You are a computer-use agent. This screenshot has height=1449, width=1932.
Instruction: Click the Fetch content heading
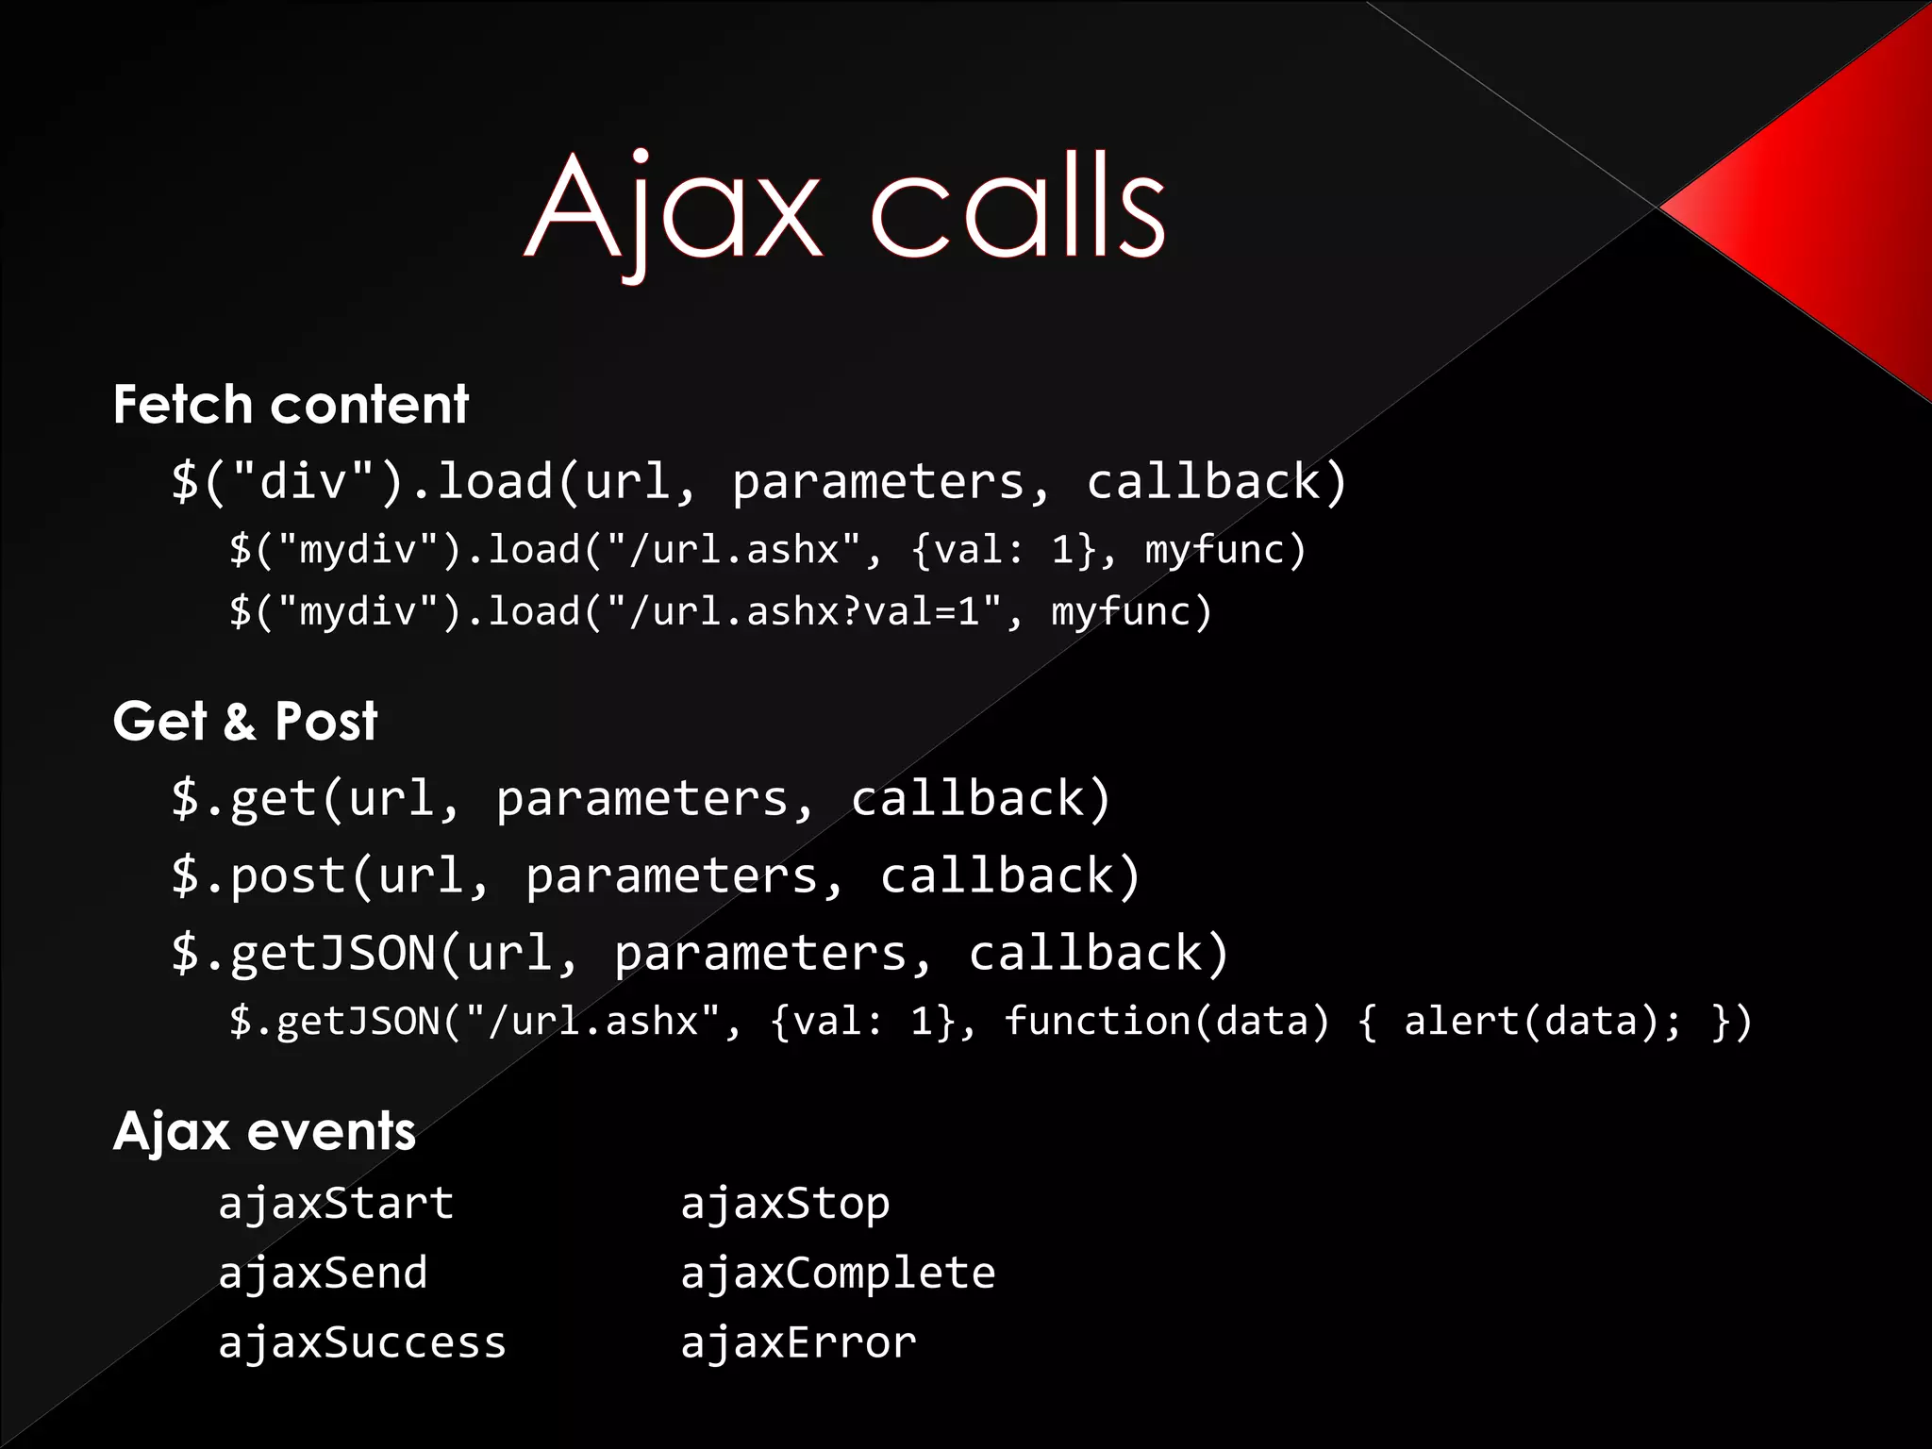point(291,405)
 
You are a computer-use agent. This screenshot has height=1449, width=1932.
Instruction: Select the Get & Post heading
point(245,722)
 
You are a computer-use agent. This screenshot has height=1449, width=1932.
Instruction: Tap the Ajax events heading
point(264,1131)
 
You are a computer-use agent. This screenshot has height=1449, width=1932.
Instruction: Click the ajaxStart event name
point(336,1204)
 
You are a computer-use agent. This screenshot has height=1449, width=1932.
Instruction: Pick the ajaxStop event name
point(785,1204)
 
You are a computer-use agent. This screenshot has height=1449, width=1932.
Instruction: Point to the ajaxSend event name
point(323,1274)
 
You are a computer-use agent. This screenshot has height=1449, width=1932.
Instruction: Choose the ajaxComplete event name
point(838,1274)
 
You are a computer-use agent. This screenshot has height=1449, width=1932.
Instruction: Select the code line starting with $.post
point(656,876)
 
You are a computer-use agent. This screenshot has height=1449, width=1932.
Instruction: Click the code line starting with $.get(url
point(641,799)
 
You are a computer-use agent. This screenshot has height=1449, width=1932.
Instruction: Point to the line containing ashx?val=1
point(721,612)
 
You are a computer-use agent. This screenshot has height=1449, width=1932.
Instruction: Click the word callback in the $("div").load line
point(1204,482)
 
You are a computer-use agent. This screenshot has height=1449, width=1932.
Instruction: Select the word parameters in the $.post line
point(672,876)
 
